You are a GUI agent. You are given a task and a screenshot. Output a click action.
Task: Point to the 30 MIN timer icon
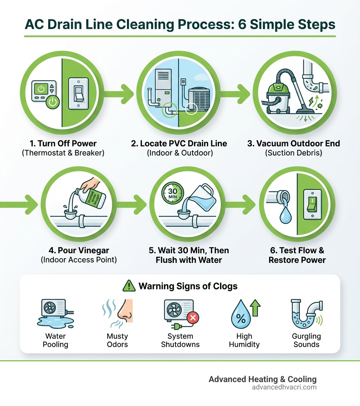pos(172,194)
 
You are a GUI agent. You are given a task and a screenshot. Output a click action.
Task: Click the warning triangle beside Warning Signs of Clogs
pos(129,286)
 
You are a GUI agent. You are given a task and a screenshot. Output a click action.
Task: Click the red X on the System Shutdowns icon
pos(193,318)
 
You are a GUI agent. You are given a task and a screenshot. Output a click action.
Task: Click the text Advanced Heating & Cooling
pos(262,379)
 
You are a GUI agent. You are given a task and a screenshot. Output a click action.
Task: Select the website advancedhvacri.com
pos(284,387)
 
